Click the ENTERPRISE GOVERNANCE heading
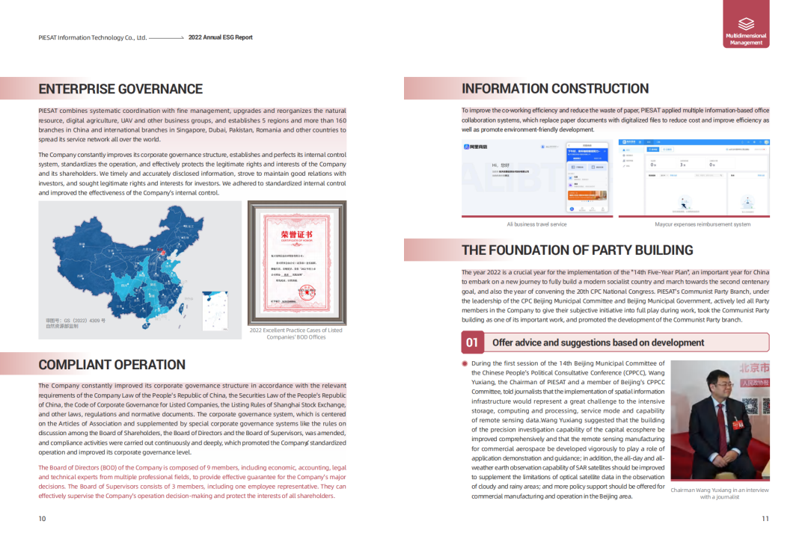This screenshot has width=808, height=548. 120,89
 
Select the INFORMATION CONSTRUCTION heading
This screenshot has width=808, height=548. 555,89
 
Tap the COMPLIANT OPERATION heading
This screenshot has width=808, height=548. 112,365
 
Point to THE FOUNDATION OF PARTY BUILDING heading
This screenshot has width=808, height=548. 578,250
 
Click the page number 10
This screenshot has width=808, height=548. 42,519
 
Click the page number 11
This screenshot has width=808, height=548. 765,519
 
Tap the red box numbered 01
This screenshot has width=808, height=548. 472,342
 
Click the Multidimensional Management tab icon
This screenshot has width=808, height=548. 746,24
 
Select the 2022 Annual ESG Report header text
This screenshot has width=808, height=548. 221,37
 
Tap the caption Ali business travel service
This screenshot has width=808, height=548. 536,224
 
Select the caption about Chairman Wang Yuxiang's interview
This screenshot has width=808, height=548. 719,493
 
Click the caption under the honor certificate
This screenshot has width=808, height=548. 296,333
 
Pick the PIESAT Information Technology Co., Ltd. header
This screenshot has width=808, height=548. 92,37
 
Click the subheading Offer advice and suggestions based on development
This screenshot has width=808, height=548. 598,342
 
